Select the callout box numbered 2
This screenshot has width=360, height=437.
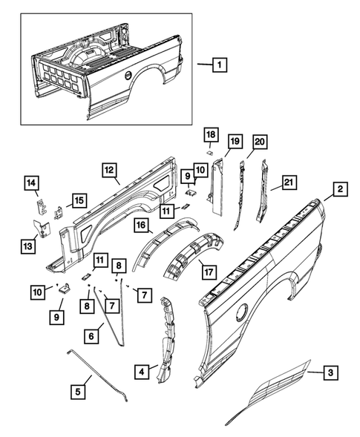coord(339,190)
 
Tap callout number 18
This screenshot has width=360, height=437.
coord(212,134)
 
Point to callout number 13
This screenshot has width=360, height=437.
coord(29,246)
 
